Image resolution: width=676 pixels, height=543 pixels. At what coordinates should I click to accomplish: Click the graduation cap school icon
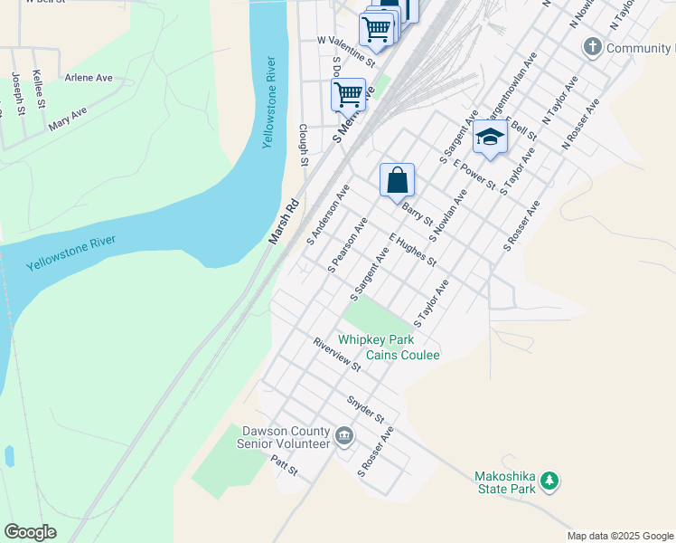click(x=490, y=138)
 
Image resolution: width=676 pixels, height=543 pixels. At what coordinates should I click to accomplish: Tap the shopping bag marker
click(x=397, y=180)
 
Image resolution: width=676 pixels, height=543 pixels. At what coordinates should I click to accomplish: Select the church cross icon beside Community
click(x=593, y=47)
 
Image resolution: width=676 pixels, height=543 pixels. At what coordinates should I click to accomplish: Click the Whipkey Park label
click(x=376, y=340)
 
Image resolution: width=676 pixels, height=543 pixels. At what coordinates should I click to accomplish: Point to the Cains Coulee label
click(x=403, y=355)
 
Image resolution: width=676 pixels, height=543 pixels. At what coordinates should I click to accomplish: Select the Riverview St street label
click(x=337, y=355)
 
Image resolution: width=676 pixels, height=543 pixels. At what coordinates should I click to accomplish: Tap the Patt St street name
click(x=284, y=467)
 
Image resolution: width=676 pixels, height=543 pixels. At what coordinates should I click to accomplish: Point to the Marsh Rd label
click(x=283, y=222)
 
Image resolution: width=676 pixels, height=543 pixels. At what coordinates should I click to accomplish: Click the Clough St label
click(x=304, y=146)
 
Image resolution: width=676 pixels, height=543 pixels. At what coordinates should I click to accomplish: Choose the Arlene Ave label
click(x=89, y=78)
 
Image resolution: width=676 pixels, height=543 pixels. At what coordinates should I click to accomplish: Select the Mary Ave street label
click(x=68, y=119)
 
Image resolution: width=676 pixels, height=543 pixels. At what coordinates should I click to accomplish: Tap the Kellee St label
click(x=40, y=90)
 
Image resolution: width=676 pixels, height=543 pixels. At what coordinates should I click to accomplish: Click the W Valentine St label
click(x=346, y=51)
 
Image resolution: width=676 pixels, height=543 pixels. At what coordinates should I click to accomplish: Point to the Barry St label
click(x=417, y=214)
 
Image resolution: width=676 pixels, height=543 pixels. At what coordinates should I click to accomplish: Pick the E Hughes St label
click(x=413, y=250)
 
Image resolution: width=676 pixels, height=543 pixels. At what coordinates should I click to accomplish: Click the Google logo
click(x=31, y=531)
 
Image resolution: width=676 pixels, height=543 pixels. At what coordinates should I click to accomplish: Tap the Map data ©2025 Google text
click(x=620, y=536)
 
